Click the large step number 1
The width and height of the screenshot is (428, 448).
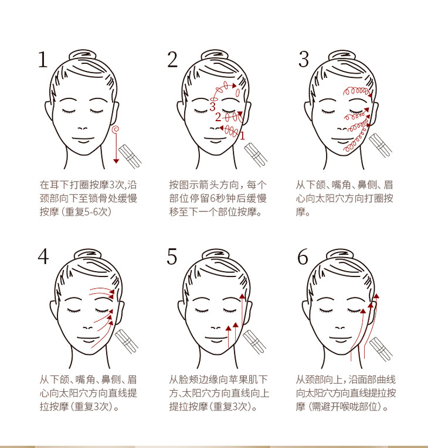[x=43, y=59]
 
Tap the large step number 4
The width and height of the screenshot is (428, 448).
[x=43, y=257]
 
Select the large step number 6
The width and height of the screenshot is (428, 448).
[x=303, y=257]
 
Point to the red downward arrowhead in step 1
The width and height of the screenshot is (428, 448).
[x=116, y=161]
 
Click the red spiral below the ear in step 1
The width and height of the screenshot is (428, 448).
[x=116, y=129]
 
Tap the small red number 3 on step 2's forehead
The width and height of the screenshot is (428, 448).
[x=212, y=107]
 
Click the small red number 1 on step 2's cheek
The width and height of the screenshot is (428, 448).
[x=242, y=136]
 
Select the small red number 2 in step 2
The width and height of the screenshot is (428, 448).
[x=218, y=117]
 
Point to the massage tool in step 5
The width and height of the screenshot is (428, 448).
[x=254, y=342]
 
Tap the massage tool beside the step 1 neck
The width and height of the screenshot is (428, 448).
[x=130, y=156]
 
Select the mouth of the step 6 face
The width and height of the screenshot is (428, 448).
[x=340, y=340]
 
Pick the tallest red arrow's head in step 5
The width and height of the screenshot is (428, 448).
[x=242, y=296]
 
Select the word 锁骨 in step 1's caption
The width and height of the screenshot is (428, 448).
[x=89, y=199]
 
